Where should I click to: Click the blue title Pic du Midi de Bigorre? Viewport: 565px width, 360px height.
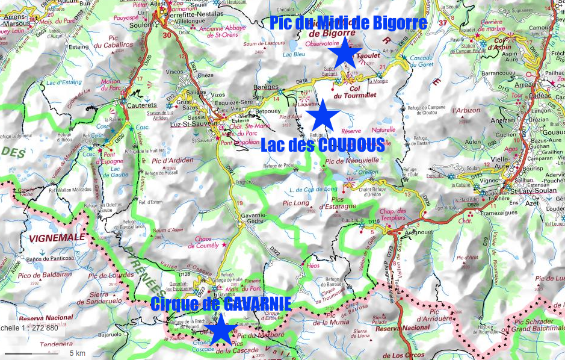348,23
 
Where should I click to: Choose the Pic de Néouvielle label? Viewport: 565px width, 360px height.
352,161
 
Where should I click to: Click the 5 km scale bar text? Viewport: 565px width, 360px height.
76,352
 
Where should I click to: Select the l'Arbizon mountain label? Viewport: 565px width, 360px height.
466,110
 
